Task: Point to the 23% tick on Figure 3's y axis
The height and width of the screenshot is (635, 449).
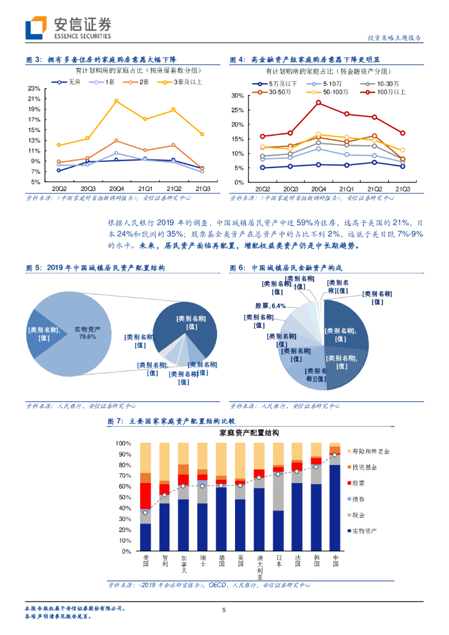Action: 34,89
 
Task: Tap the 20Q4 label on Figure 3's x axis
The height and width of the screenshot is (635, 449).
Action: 116,189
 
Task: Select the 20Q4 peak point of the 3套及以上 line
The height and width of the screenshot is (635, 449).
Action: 116,100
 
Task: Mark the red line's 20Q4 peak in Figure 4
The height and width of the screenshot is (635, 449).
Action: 319,102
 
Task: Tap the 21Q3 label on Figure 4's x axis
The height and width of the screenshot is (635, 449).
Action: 402,189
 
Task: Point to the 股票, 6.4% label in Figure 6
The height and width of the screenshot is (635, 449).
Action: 270,306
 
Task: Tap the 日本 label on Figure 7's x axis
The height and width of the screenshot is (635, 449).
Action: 278,561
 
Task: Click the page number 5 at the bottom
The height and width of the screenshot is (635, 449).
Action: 225,610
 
